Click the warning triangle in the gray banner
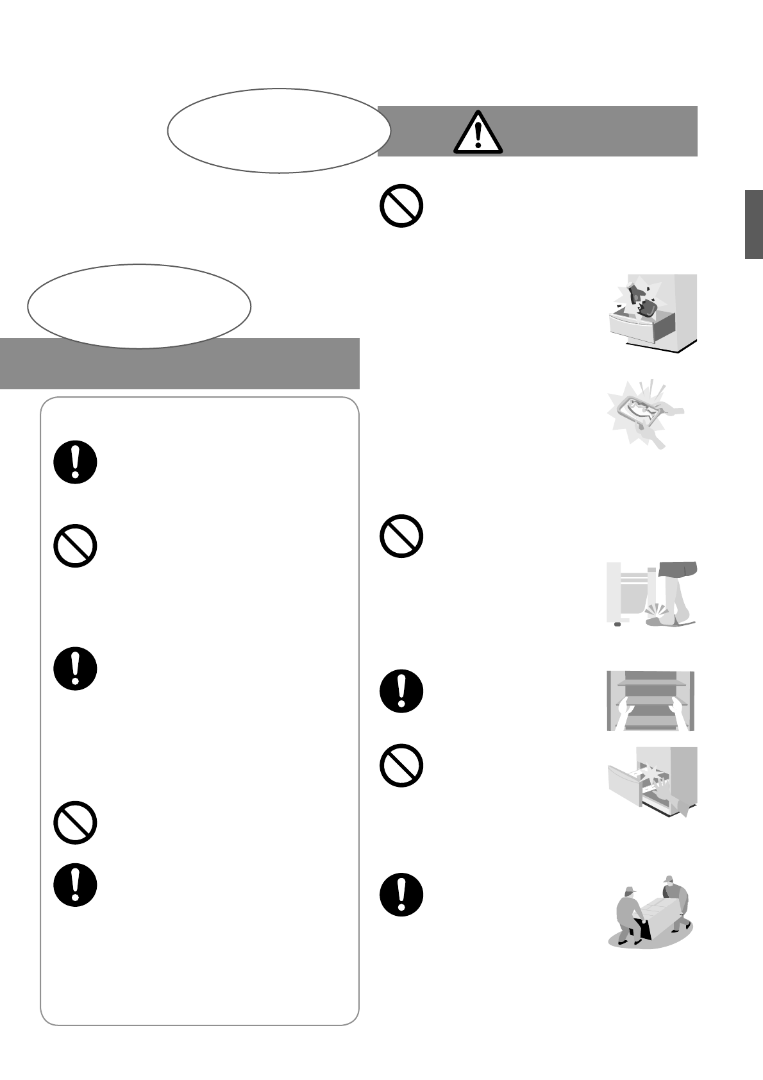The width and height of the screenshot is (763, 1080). pos(477,132)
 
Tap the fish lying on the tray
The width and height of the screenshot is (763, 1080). pos(644,410)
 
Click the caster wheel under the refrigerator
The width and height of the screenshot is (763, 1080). pos(617,624)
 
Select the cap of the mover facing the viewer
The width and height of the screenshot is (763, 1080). pos(669,879)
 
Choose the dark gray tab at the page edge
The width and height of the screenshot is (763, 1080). pos(753,224)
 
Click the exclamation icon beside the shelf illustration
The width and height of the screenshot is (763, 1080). pos(401,691)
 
